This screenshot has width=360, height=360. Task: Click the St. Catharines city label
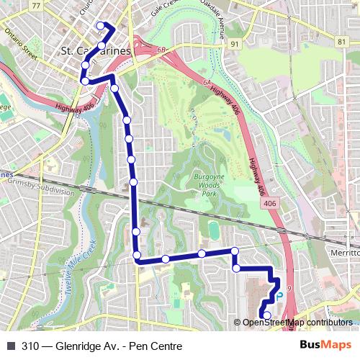95,51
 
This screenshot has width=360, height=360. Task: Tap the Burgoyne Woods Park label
199,185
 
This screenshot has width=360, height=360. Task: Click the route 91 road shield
235,43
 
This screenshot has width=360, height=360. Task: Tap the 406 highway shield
269,204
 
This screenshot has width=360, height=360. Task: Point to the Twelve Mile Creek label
78,271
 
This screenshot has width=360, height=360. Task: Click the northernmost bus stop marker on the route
99,25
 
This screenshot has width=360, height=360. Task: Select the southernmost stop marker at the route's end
267,315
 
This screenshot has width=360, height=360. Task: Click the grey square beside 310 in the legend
11,346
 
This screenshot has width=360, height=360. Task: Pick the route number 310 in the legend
31,346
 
